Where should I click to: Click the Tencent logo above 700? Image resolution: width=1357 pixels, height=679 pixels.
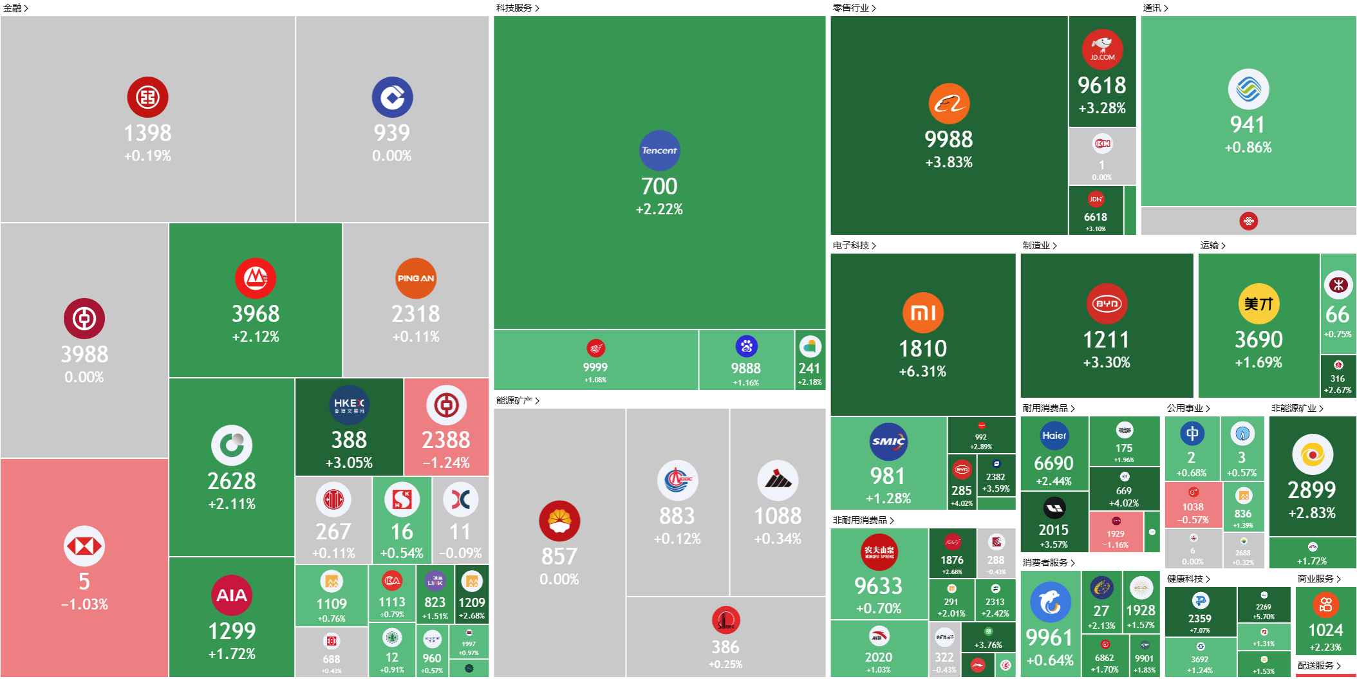click(x=659, y=151)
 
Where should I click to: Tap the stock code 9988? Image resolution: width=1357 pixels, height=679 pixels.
click(x=949, y=139)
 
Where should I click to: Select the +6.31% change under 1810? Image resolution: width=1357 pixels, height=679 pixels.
click(x=922, y=371)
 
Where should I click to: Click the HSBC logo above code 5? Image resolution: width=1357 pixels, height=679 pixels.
click(x=84, y=546)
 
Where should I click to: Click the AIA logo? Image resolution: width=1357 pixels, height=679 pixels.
click(x=232, y=595)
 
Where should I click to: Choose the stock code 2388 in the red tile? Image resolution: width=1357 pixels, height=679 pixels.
click(x=446, y=440)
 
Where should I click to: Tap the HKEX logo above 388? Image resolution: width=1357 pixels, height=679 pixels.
click(x=349, y=405)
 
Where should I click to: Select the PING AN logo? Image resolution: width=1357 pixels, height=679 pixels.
click(x=416, y=279)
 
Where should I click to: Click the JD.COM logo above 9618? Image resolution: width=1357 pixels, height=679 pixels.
click(x=1102, y=50)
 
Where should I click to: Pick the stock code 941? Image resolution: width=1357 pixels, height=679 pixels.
click(x=1248, y=124)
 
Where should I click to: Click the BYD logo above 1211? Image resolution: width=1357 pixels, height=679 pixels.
click(x=1107, y=304)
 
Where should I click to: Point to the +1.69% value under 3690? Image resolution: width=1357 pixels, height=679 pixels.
click(x=1259, y=362)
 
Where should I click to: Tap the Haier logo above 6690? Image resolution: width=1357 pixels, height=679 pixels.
click(x=1054, y=436)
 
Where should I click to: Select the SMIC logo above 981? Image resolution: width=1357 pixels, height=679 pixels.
click(x=888, y=442)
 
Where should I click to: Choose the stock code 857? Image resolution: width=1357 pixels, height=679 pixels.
click(x=559, y=556)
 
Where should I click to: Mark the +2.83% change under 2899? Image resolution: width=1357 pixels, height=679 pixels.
click(x=1312, y=513)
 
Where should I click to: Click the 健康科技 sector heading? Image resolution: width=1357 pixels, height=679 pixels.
click(x=1188, y=579)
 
